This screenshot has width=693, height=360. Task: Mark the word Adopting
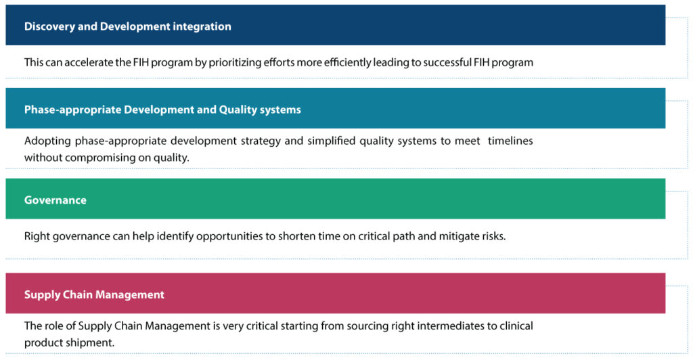click(45, 141)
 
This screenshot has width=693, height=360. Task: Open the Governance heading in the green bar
click(55, 200)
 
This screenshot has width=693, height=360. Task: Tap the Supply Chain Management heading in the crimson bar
click(94, 294)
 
